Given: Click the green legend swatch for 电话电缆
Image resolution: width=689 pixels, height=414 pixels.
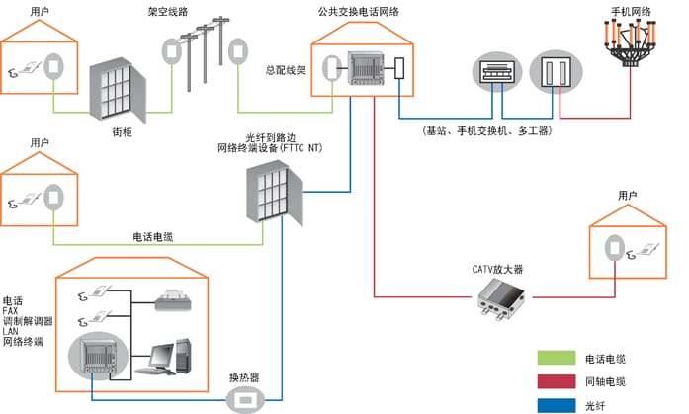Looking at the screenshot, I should tap(556, 359).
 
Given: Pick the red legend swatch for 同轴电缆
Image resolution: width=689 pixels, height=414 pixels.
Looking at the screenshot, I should tap(556, 381).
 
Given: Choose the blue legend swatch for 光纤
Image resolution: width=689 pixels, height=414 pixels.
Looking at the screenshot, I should tap(556, 404).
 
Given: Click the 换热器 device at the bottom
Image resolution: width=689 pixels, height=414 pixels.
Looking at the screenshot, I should tap(244, 398).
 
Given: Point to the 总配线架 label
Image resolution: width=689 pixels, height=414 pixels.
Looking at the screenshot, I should tap(286, 71).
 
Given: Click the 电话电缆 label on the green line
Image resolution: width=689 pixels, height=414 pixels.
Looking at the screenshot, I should tap(153, 237).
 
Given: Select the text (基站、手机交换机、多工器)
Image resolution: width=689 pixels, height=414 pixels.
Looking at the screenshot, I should tap(486, 131).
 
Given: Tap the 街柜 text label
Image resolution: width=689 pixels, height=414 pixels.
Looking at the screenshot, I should tap(123, 131).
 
